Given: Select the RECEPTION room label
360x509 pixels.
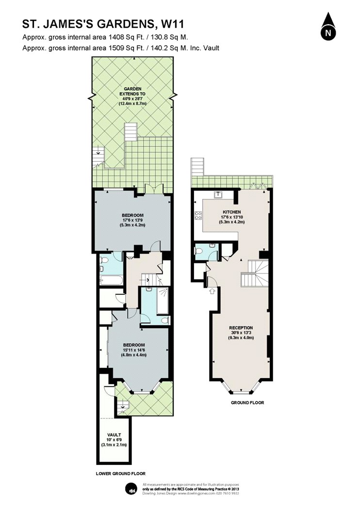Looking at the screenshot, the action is coord(241,328).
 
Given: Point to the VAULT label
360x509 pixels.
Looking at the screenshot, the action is coord(114,435).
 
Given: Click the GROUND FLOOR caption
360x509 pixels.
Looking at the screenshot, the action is coord(247,403).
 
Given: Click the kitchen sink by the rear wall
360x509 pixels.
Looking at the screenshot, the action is coord(218,194).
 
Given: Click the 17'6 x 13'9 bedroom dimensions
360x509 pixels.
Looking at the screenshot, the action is coord(132,220).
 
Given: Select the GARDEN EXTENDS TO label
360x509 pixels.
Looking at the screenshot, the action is coord(132,91).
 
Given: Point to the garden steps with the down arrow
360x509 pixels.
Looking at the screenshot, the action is coord(98,158).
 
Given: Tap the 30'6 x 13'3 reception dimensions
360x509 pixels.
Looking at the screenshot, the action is coord(241,333).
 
